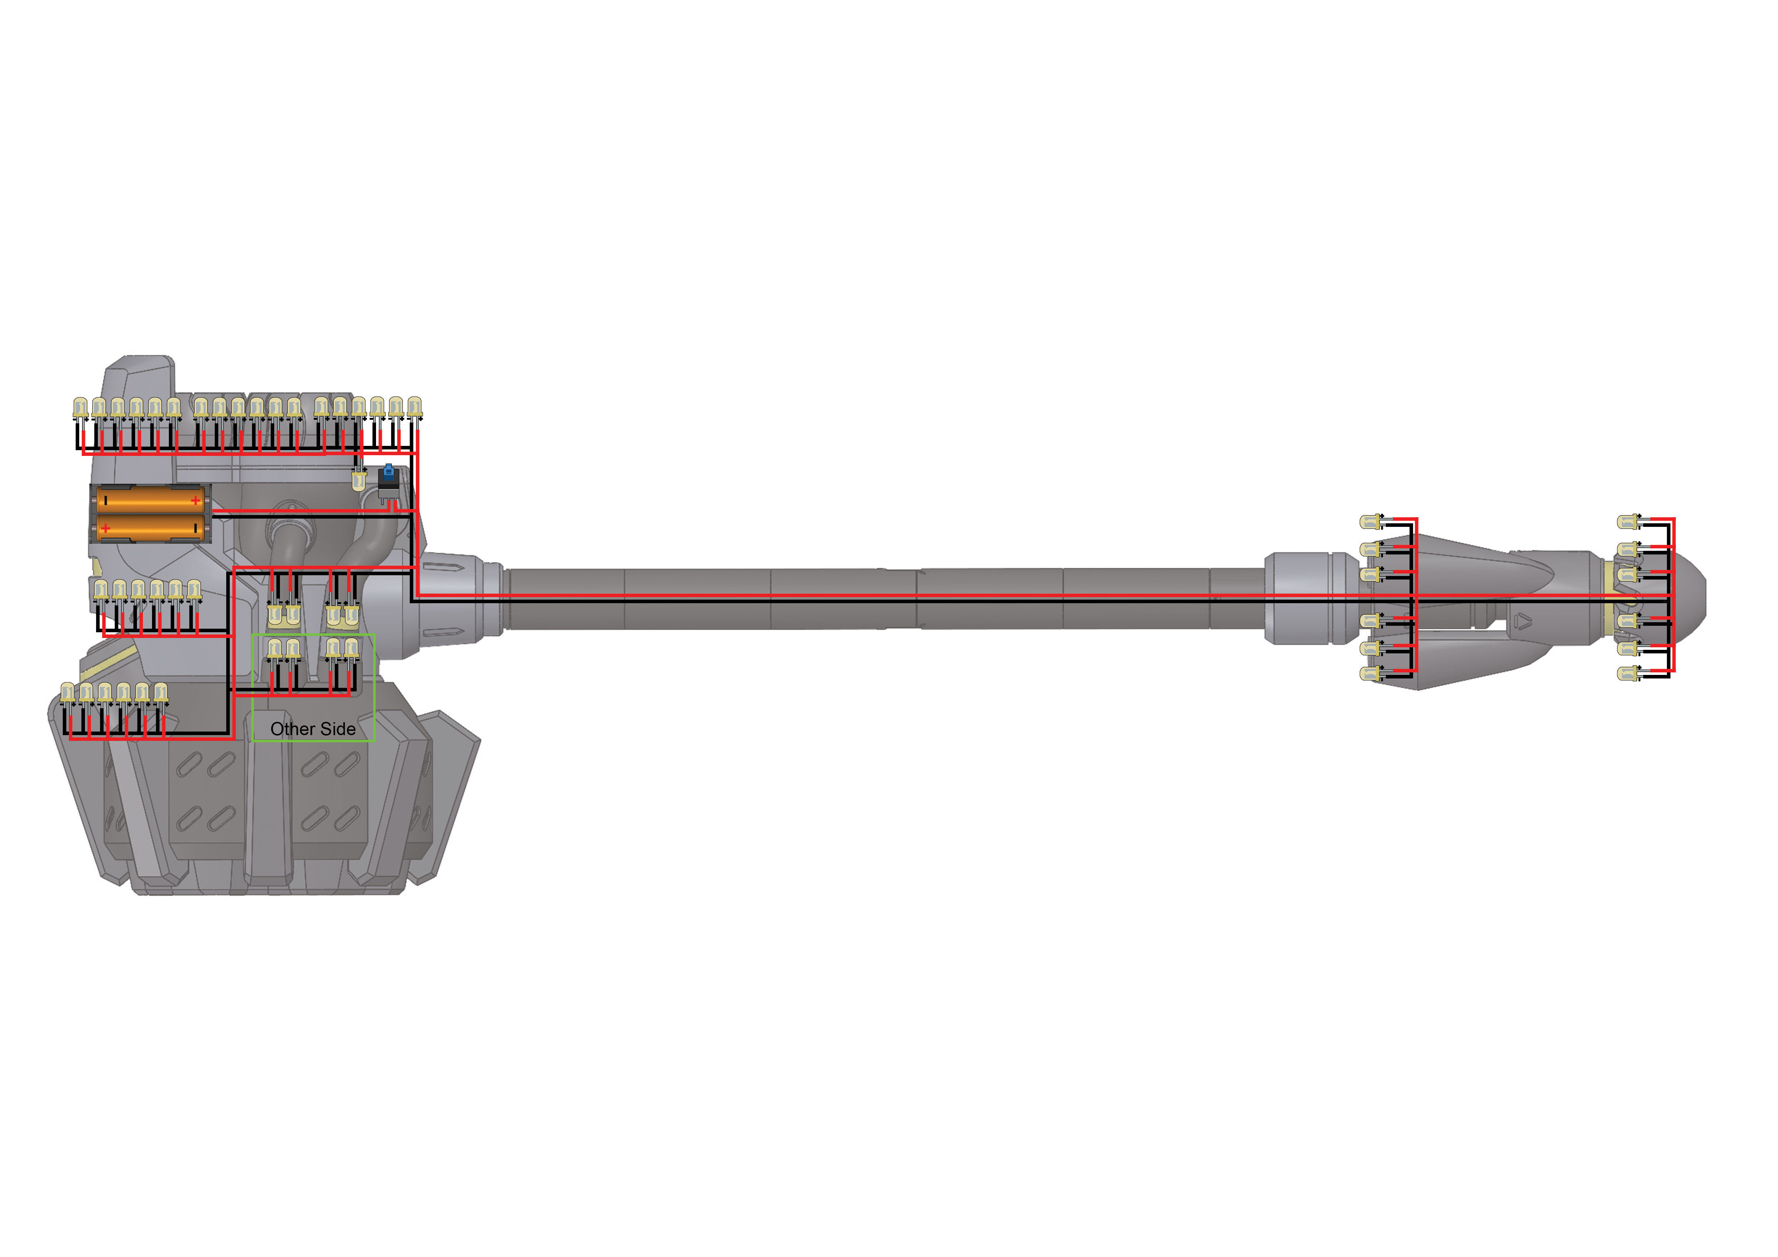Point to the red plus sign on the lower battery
click(x=105, y=528)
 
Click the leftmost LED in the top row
click(x=81, y=408)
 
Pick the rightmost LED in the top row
click(x=415, y=408)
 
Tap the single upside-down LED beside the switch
click(x=358, y=480)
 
